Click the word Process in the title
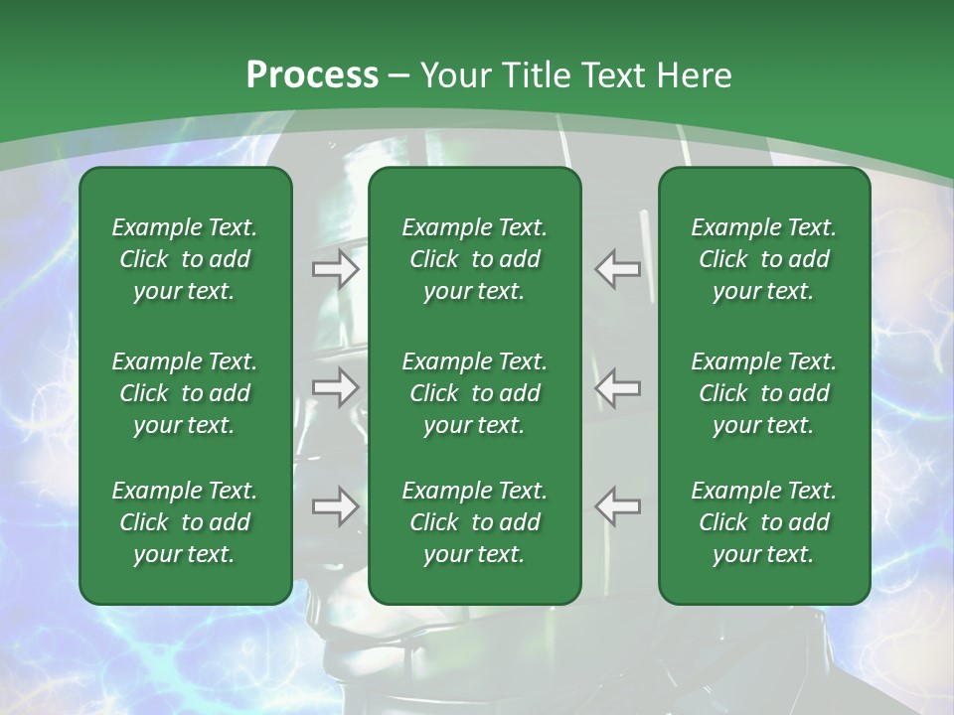pyautogui.click(x=312, y=75)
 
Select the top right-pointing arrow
pyautogui.click(x=335, y=268)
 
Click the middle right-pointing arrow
pyautogui.click(x=335, y=387)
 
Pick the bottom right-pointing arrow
pyautogui.click(x=335, y=506)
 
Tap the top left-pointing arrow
pyautogui.click(x=618, y=268)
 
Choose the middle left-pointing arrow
pyautogui.click(x=618, y=387)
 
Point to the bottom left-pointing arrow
pyautogui.click(x=618, y=506)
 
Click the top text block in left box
pyautogui.click(x=185, y=259)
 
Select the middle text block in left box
pyautogui.click(x=185, y=393)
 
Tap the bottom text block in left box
pyautogui.click(x=185, y=522)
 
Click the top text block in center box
pyautogui.click(x=474, y=259)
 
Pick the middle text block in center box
pyautogui.click(x=474, y=393)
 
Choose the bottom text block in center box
pyautogui.click(x=474, y=522)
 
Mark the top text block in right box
pyautogui.click(x=763, y=259)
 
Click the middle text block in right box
pyautogui.click(x=763, y=393)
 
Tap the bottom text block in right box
pyautogui.click(x=763, y=522)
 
